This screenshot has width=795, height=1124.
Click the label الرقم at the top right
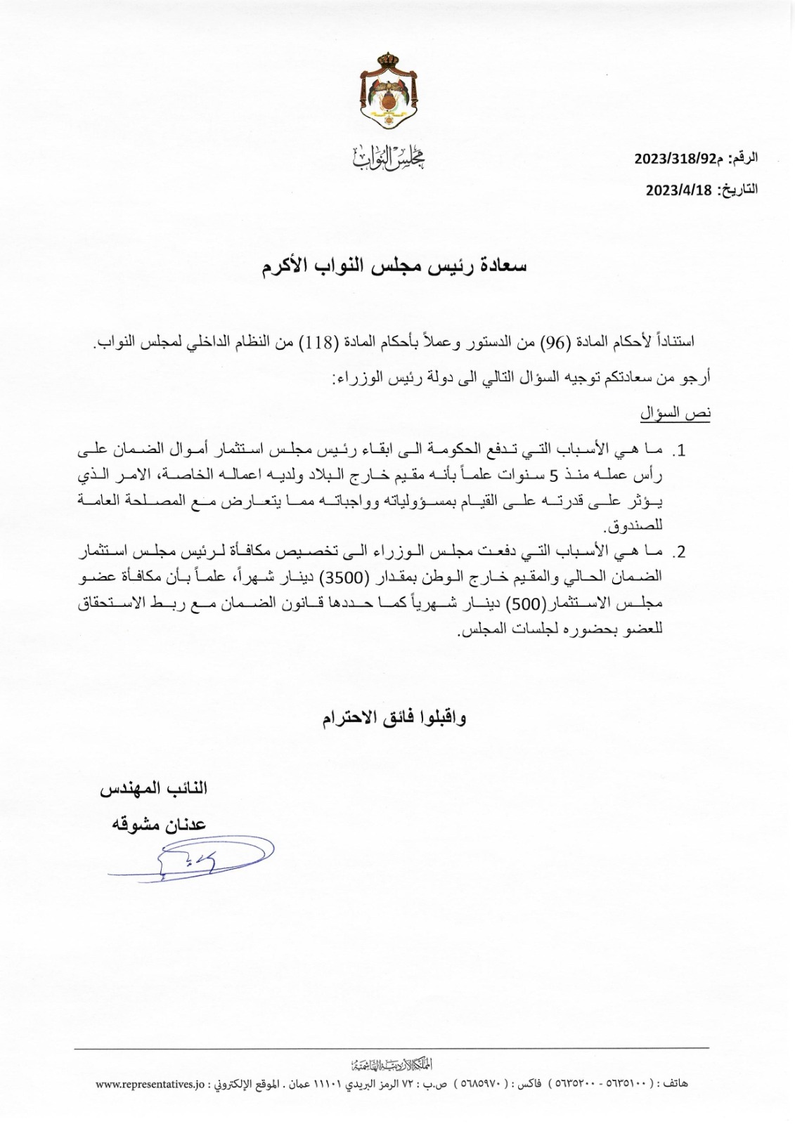pyautogui.click(x=744, y=159)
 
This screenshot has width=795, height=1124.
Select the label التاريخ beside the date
pyautogui.click(x=739, y=189)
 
